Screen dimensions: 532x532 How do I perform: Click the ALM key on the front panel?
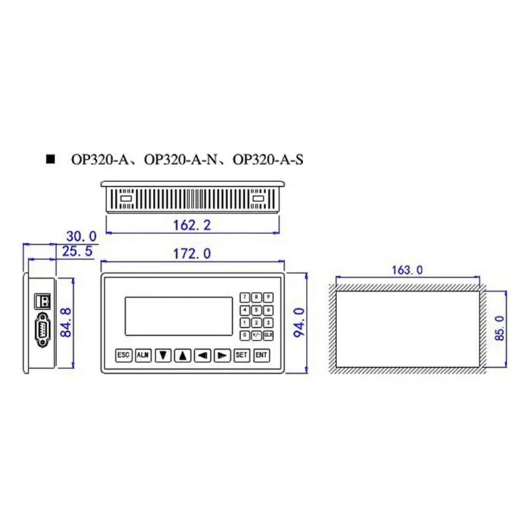pyautogui.click(x=143, y=355)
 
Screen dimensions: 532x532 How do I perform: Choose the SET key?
pyautogui.click(x=241, y=355)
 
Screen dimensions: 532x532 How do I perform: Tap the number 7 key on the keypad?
pyautogui.click(x=245, y=297)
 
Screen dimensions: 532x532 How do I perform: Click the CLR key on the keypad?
pyautogui.click(x=269, y=335)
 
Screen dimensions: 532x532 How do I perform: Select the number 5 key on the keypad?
pyautogui.click(x=257, y=310)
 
